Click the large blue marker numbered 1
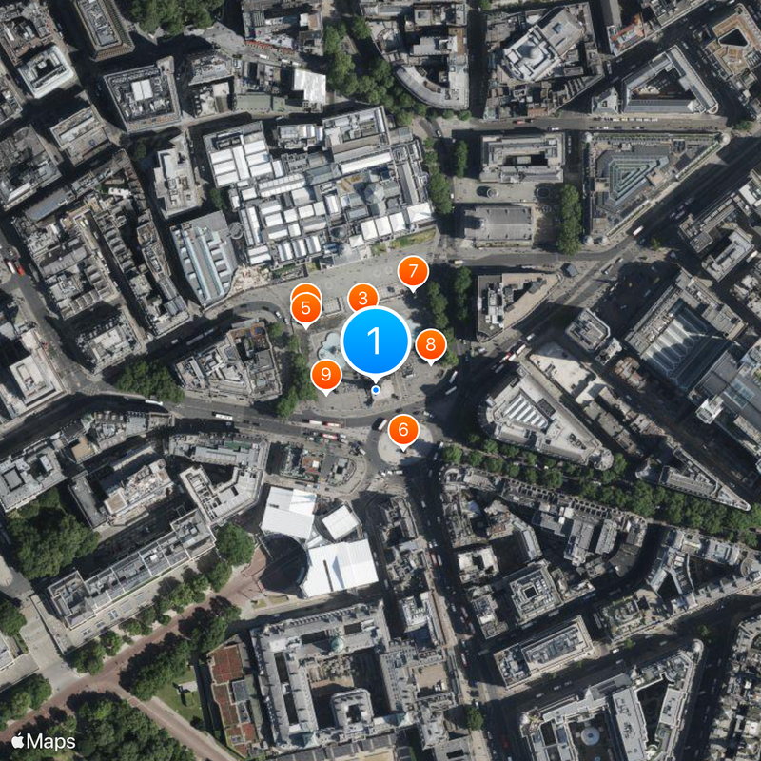(376, 340)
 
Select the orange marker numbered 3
(362, 299)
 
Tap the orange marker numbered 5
(305, 308)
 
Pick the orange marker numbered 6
(403, 430)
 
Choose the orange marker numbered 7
(412, 272)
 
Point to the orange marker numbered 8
(431, 344)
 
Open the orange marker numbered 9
(326, 375)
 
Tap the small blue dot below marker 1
(376, 390)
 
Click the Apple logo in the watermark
(18, 740)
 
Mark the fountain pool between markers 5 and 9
(328, 342)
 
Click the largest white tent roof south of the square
(341, 567)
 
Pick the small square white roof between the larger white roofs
(340, 522)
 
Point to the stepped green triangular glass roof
(633, 176)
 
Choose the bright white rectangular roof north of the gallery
(309, 88)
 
